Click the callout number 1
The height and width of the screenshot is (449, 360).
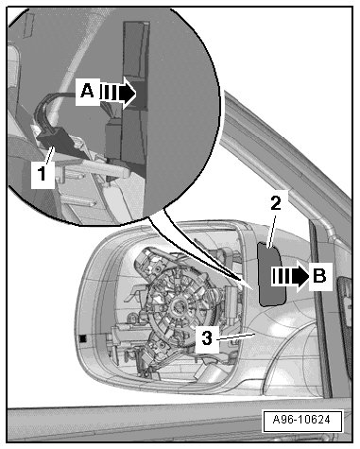pyautogui.click(x=43, y=173)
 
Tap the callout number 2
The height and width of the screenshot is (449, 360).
pyautogui.click(x=276, y=203)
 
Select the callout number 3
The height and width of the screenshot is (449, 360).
pyautogui.click(x=207, y=338)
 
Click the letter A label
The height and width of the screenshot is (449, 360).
pyautogui.click(x=87, y=92)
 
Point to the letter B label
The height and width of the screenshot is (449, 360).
pyautogui.click(x=320, y=276)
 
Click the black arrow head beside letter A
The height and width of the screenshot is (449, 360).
pyautogui.click(x=128, y=93)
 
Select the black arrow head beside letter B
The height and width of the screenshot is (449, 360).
pyautogui.click(x=300, y=276)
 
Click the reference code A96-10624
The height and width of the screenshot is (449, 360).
pyautogui.click(x=301, y=420)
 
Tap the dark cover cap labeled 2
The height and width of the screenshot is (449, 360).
pyautogui.click(x=271, y=275)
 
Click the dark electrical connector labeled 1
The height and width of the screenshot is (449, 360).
pyautogui.click(x=53, y=142)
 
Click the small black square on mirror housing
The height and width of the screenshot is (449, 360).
pyautogui.click(x=83, y=338)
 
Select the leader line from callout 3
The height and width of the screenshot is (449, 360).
pyautogui.click(x=235, y=337)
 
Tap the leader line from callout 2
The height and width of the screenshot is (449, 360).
pyautogui.click(x=271, y=230)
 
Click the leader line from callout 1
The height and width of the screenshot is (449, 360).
pyautogui.click(x=50, y=156)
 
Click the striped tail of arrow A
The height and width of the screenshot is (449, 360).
pyautogui.click(x=109, y=93)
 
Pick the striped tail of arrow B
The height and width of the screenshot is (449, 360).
pyautogui.click(x=282, y=276)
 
